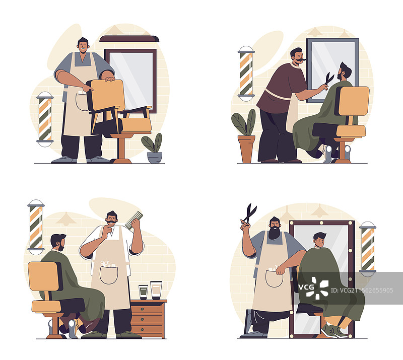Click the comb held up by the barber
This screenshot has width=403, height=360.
pos(134,220)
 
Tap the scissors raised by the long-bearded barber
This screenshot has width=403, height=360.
pos(248,214)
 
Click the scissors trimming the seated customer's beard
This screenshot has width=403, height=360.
pos(328,79)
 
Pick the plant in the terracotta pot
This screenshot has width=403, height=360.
pos(244,136)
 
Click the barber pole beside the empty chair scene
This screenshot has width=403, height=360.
pos(45,119)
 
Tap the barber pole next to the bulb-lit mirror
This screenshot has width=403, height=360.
pos(368,249)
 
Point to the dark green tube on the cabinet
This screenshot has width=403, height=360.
pos(143,292)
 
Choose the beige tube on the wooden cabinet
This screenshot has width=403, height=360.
pos(156,290)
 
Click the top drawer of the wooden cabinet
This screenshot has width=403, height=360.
pos(147,309)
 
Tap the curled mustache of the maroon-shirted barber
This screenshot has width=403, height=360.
pos(300,61)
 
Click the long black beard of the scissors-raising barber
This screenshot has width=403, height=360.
pos(275,233)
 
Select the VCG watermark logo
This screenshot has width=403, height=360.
pos(313,288)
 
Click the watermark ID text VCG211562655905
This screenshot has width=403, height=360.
pos(362,291)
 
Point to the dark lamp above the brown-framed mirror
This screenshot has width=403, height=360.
pos(129,39)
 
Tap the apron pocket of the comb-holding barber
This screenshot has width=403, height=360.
pos(109,275)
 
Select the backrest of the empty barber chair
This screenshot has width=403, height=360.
pos(106,95)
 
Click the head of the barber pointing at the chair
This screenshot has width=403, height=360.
pos(83,45)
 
